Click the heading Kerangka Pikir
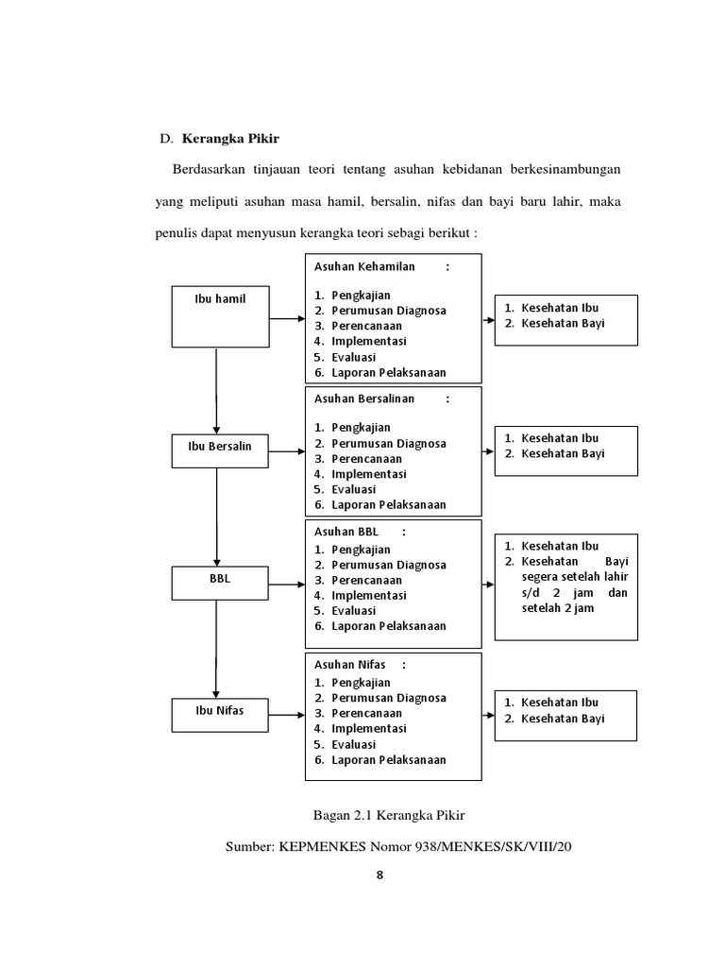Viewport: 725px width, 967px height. tap(225, 139)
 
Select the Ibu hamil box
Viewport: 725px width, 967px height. tap(220, 315)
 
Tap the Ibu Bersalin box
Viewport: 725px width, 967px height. tap(220, 450)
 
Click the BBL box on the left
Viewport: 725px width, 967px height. tap(220, 583)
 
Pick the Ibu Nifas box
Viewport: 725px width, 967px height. tap(220, 715)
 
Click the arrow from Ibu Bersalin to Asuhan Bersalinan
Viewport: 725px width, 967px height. tap(286, 452)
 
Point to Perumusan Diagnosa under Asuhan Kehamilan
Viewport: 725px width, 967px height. tap(388, 311)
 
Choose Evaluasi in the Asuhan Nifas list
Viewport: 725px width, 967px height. tap(353, 744)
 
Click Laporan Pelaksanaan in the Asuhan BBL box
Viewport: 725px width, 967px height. tap(388, 626)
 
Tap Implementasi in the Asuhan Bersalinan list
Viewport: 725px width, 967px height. tap(368, 474)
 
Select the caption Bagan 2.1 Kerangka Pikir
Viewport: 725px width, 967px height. tap(389, 815)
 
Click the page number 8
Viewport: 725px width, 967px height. tap(379, 874)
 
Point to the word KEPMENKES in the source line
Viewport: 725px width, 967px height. tap(317, 846)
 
